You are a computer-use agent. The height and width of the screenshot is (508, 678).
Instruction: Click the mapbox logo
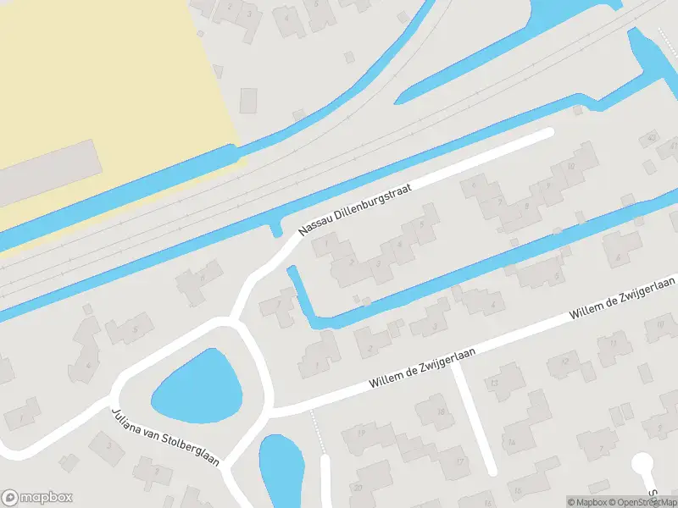point(37,498)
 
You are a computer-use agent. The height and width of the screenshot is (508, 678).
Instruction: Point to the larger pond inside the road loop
point(197,389)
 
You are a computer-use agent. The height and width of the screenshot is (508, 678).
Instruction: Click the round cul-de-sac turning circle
point(642,463)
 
